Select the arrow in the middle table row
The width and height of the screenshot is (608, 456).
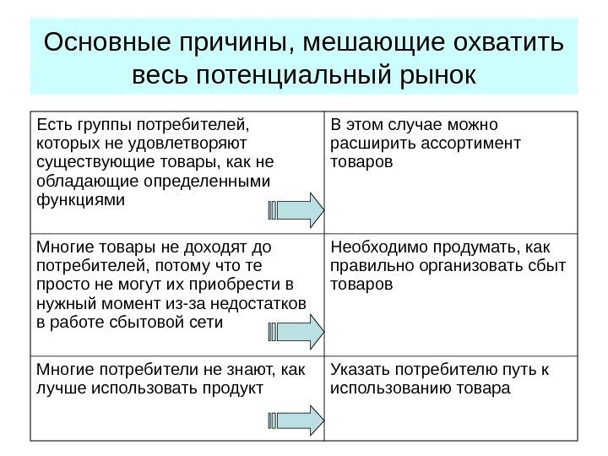click(296, 331)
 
